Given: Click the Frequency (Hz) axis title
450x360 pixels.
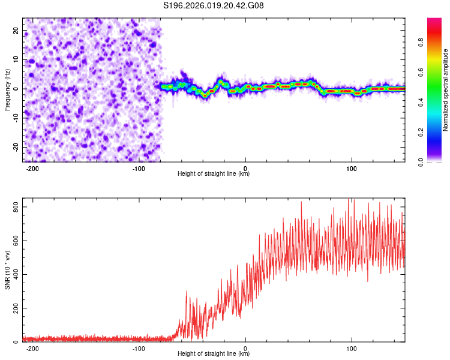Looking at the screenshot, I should (7, 89).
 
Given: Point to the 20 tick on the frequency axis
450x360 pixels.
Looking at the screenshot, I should (16, 31).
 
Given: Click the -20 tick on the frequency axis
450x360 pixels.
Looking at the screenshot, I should (15, 147).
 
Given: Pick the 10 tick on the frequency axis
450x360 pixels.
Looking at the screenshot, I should (16, 60).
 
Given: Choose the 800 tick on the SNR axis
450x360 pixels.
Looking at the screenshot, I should (13, 207).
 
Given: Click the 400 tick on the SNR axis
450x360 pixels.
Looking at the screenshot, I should (13, 275).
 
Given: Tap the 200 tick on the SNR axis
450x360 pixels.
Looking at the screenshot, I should (13, 308).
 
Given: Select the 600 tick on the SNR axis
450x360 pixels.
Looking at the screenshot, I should (13, 241).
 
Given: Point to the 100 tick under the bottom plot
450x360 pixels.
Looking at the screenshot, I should (352, 347).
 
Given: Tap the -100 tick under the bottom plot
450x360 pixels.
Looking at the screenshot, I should (139, 347).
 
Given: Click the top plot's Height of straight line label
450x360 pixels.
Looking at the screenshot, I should (214, 174).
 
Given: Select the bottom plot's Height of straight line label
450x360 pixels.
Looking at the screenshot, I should (214, 354).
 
